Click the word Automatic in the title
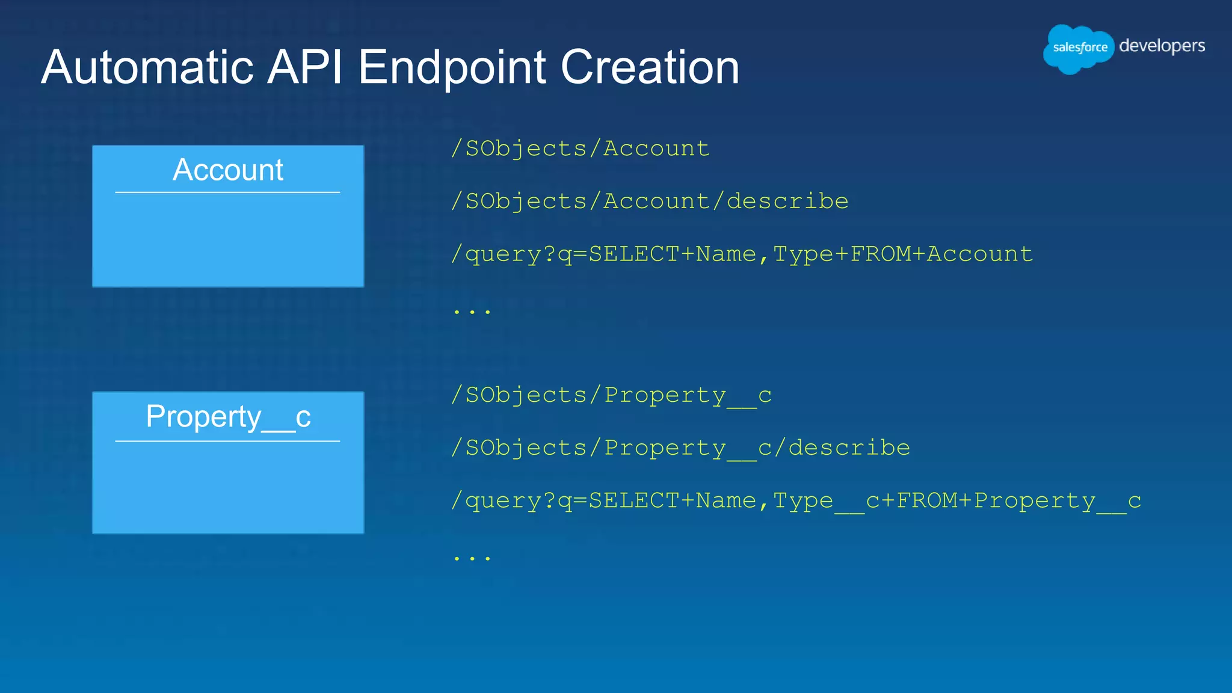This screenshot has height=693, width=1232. click(147, 67)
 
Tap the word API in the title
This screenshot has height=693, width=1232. click(305, 67)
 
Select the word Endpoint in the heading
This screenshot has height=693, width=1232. click(452, 67)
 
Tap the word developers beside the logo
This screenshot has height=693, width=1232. click(1162, 46)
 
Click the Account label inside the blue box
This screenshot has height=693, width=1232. click(228, 170)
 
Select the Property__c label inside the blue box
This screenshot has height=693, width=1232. click(228, 416)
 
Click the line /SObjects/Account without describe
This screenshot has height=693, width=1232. click(581, 149)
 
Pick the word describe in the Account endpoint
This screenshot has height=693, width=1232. click(787, 202)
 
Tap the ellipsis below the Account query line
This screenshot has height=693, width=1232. click(472, 312)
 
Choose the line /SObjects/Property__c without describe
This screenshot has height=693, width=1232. click(611, 395)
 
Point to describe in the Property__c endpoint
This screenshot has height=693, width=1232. click(849, 448)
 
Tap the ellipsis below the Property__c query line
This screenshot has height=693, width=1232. click(472, 558)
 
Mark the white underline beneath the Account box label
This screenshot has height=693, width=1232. click(228, 192)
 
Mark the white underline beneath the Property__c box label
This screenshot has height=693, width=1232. click(228, 441)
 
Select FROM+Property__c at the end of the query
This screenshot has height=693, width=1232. click(1018, 501)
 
